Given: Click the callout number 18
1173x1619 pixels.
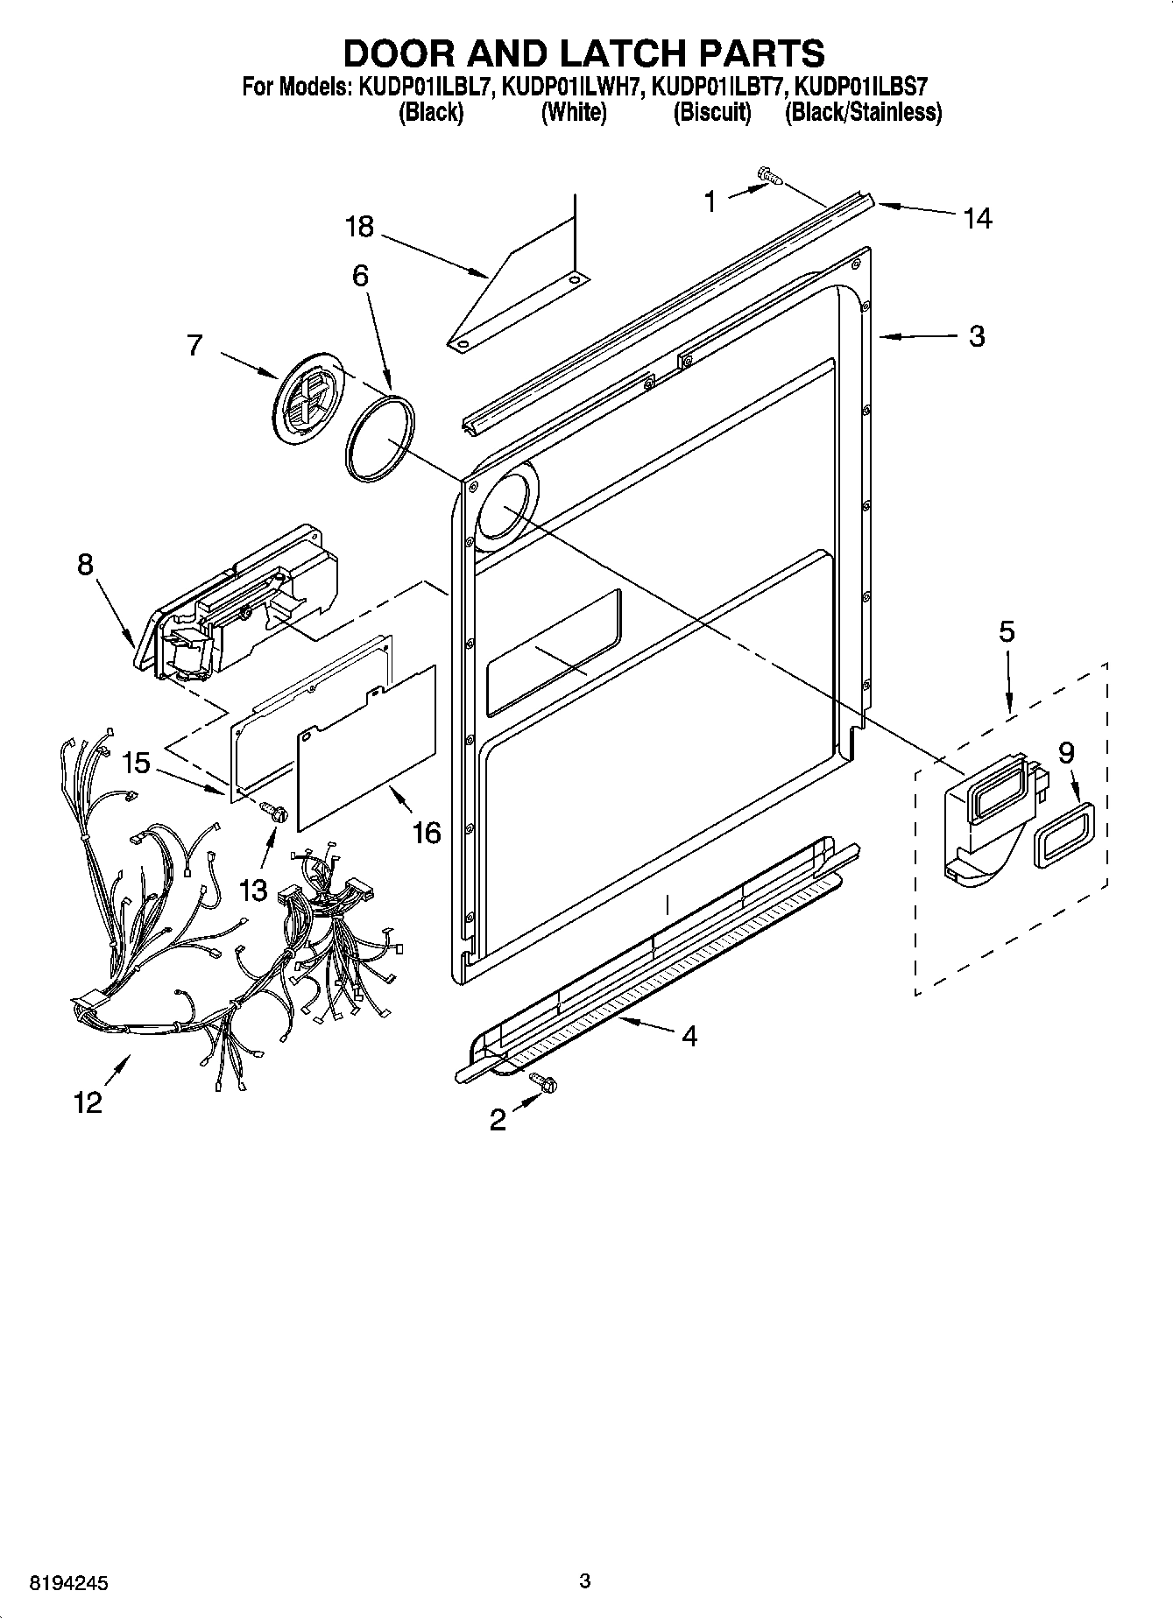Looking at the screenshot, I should tap(359, 228).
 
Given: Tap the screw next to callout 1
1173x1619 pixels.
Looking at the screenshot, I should tap(770, 176).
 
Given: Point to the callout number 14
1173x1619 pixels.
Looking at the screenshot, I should tap(978, 218).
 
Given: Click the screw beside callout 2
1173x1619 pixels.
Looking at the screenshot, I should tap(546, 1084).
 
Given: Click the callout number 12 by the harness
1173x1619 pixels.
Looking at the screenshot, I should tap(88, 1102).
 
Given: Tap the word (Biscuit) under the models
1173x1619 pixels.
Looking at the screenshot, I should tap(711, 112).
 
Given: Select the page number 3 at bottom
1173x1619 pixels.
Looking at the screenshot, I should tap(585, 1580).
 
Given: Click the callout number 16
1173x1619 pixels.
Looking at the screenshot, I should tap(426, 833).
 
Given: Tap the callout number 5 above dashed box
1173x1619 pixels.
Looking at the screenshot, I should tap(1007, 631).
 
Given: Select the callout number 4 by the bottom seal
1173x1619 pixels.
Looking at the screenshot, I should tap(689, 1036).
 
